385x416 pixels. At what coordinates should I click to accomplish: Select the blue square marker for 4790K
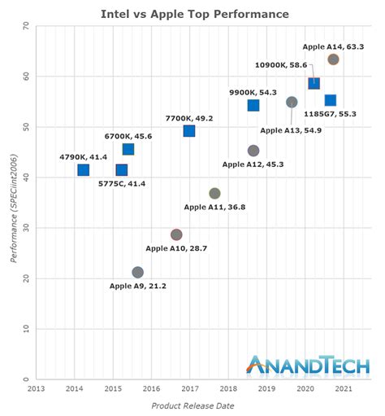click(84, 170)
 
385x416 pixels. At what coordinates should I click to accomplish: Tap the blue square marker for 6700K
click(128, 149)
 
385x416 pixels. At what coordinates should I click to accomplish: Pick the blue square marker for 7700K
click(189, 131)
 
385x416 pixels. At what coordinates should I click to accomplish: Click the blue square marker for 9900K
click(253, 105)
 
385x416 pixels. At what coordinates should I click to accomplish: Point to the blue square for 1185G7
click(331, 100)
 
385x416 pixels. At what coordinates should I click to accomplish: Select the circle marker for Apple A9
click(138, 273)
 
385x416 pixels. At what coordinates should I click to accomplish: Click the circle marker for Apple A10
click(176, 234)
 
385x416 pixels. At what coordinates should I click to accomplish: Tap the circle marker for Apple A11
click(214, 194)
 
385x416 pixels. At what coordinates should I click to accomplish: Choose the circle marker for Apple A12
click(253, 151)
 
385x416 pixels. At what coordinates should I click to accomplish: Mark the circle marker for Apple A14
click(333, 59)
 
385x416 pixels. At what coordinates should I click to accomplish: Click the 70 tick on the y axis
click(25, 26)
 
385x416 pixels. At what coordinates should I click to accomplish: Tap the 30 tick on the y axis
click(25, 228)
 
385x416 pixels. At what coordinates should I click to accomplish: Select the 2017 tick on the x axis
click(189, 388)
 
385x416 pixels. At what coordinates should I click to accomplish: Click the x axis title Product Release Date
click(192, 405)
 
